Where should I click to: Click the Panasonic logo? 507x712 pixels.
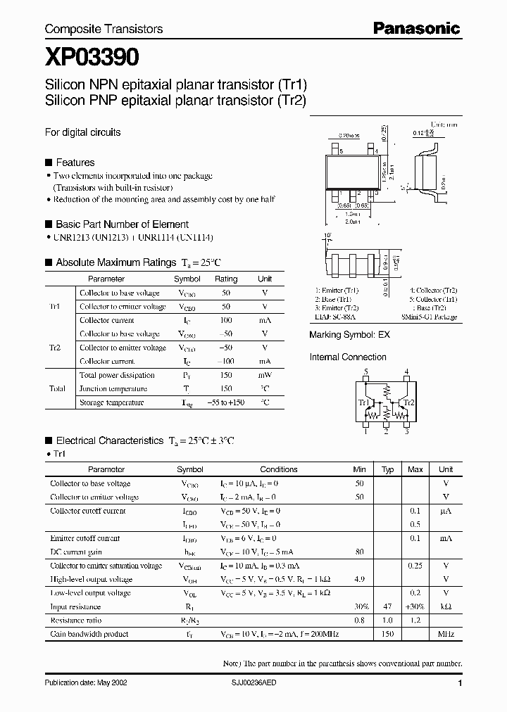coord(416,28)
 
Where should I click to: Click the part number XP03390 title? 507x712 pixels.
coord(92,58)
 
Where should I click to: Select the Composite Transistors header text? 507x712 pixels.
coord(104,29)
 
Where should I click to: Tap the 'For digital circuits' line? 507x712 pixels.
coord(82,132)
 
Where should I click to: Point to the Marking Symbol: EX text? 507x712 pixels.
coord(349,335)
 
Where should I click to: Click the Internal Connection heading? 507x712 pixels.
coord(348,357)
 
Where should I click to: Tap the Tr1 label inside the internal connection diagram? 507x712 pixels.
coord(364,403)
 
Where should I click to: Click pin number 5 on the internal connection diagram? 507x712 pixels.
coord(365,371)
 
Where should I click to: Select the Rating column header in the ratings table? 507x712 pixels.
coord(225,279)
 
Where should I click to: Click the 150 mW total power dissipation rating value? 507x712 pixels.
coord(225,375)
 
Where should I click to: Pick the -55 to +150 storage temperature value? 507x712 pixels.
coord(225,402)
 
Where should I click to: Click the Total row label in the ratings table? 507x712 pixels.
coord(58,388)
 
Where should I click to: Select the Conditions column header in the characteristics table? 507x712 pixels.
coord(279,469)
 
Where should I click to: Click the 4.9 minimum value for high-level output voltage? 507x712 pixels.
coord(359,580)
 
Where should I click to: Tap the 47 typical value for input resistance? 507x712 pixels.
coord(387,606)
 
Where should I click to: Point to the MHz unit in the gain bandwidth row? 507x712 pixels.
coord(446,634)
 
